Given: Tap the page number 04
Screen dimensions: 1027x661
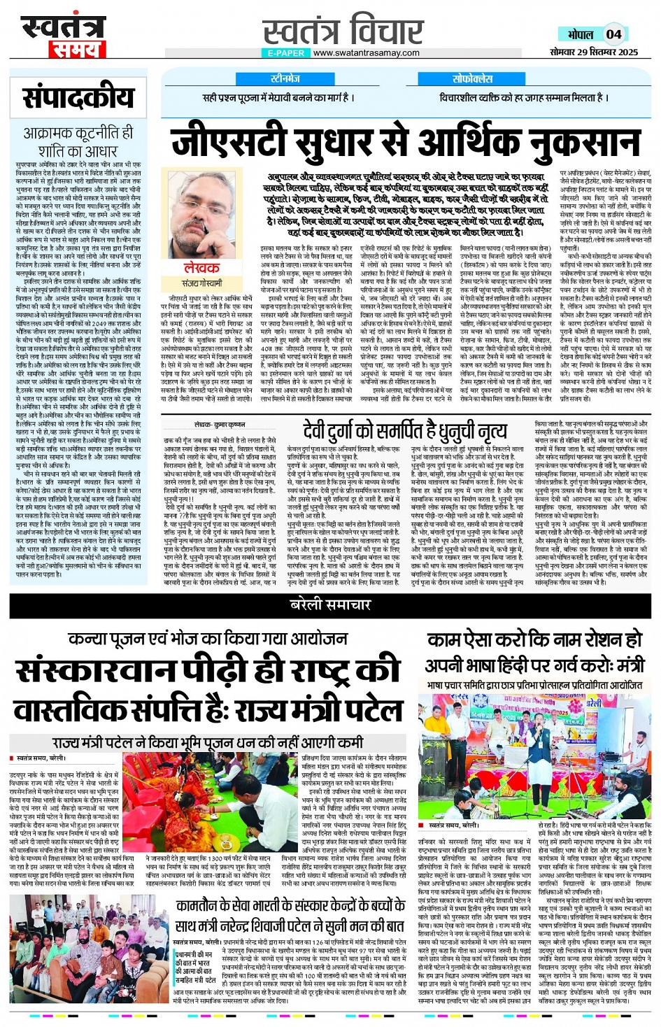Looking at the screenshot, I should coord(613,34).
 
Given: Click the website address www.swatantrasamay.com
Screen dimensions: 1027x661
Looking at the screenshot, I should coord(366,52).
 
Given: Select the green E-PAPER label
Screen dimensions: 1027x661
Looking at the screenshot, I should coord(286,52).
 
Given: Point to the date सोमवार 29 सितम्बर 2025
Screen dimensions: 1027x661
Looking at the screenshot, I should coord(594,52).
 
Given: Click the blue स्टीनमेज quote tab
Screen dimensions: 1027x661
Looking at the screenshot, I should coord(285,79).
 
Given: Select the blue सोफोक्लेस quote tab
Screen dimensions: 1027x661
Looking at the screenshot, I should coord(472,79).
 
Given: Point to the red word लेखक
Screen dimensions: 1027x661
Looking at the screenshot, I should coord(201,268).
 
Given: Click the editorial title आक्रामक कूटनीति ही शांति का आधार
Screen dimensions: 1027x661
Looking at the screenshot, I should coord(78,141).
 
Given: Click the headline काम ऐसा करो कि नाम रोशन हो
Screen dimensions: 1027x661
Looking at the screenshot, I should coord(534,639).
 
